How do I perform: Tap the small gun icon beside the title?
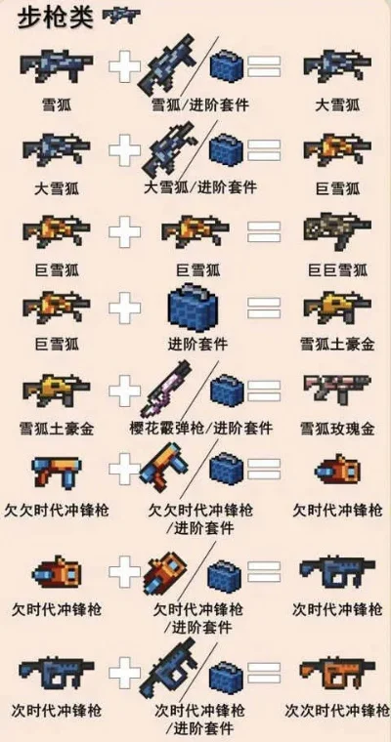click(x=120, y=16)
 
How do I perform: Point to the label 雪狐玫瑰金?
click(x=334, y=428)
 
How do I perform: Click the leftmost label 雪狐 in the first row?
click(x=55, y=101)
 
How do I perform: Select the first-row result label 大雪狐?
click(x=334, y=101)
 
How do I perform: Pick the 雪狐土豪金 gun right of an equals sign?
click(x=334, y=309)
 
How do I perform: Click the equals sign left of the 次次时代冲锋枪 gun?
click(x=263, y=673)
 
